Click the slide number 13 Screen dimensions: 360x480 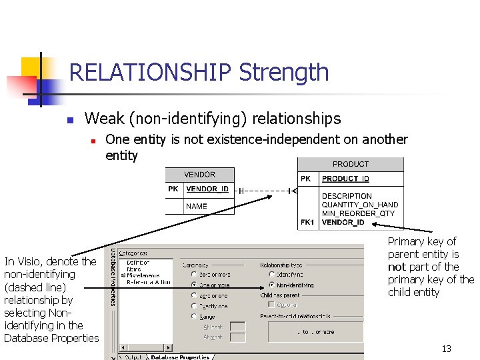[447, 349]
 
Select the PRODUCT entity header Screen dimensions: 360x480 [350, 164]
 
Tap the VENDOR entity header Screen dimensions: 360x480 [199, 175]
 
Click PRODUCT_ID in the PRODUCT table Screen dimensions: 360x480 [345, 179]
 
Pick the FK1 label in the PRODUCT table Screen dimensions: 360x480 [307, 222]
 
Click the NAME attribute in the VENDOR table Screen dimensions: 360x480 [196, 207]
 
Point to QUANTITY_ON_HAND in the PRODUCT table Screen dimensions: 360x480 [359, 205]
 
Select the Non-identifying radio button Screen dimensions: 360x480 [271, 285]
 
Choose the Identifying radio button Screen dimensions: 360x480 [271, 274]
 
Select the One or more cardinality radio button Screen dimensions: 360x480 [193, 285]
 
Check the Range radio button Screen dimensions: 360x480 [193, 317]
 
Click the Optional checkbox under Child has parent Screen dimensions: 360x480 [271, 305]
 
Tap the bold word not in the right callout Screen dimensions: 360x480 [397, 267]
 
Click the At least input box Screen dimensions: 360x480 [237, 327]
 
